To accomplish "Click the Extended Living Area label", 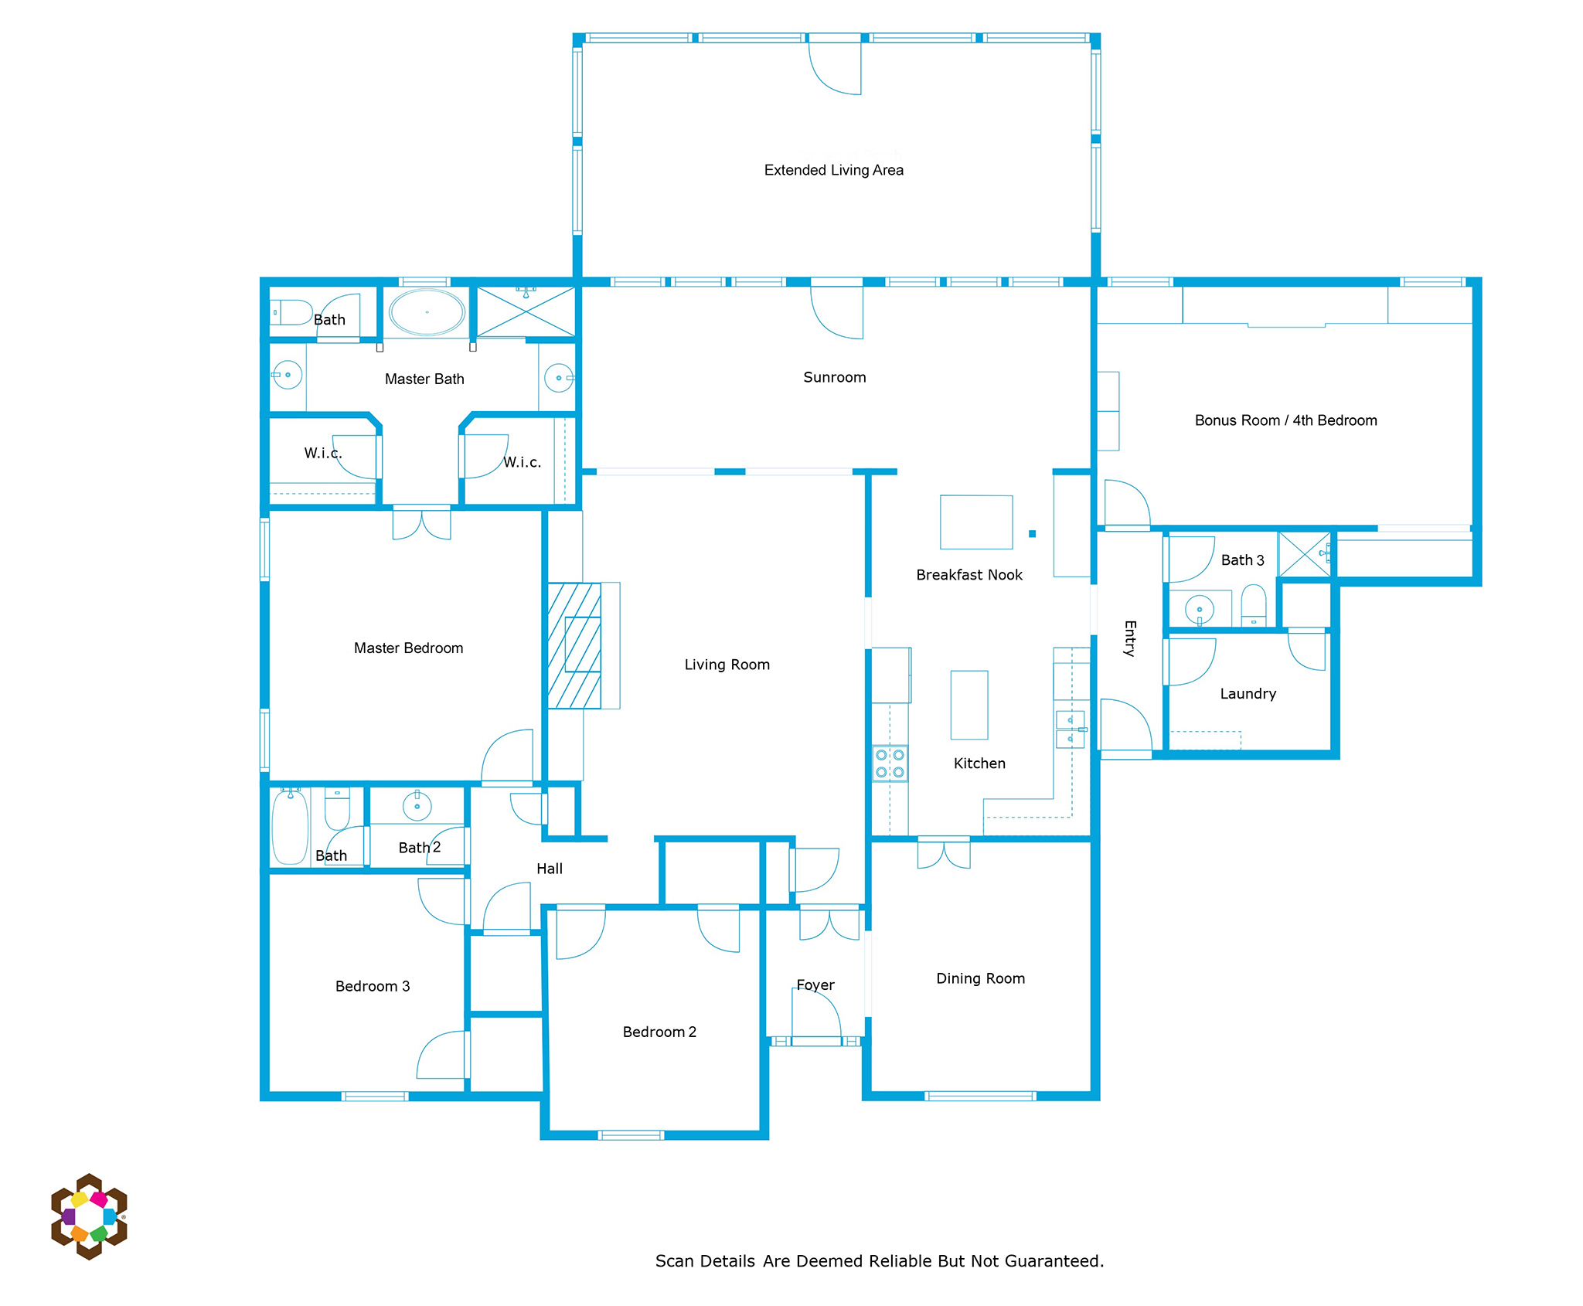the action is click(833, 170).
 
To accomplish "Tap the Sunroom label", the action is click(834, 377).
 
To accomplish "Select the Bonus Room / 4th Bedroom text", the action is click(1285, 420).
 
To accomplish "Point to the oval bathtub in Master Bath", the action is click(427, 312).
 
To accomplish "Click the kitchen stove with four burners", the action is click(890, 763).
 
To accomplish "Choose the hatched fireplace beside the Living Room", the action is click(574, 645).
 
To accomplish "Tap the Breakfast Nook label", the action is click(969, 575).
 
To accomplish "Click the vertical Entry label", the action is click(1130, 638).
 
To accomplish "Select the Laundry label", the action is click(1248, 694).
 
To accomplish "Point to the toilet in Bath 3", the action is click(1254, 605).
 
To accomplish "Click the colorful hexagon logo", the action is click(89, 1216).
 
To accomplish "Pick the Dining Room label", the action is click(980, 978).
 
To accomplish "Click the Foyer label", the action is click(815, 985).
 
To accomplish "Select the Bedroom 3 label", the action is click(373, 986).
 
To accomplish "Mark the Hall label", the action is click(550, 869).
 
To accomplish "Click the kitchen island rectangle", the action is click(969, 705).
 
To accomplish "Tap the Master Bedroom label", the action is click(408, 648).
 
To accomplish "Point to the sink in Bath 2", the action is click(417, 806).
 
